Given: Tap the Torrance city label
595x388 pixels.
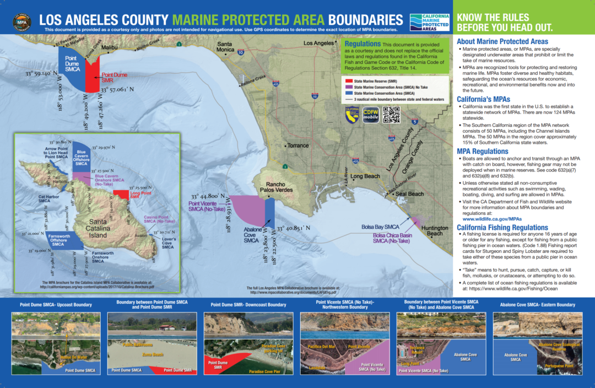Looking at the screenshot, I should pyautogui.click(x=298, y=145).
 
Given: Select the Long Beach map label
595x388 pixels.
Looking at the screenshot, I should pyautogui.click(x=364, y=176).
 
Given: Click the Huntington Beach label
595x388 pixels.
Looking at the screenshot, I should pyautogui.click(x=435, y=231).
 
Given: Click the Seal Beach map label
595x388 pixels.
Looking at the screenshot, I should pyautogui.click(x=409, y=194).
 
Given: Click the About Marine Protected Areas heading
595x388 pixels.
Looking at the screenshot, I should pyautogui.click(x=502, y=41).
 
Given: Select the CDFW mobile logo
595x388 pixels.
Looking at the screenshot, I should pyautogui.click(x=370, y=115).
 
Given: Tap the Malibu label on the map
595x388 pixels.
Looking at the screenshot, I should pyautogui.click(x=110, y=48).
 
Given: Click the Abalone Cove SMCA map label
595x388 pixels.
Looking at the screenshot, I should pyautogui.click(x=251, y=237).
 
